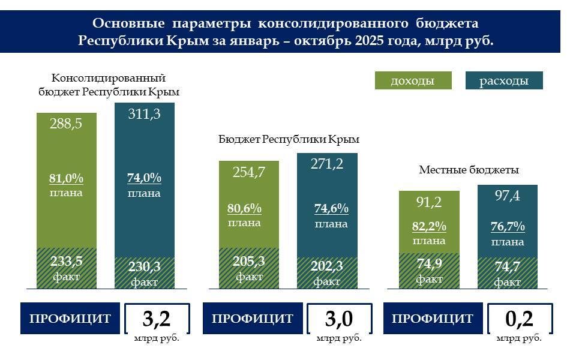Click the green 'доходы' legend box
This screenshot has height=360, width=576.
point(412,80)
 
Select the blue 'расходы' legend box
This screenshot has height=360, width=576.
point(504,80)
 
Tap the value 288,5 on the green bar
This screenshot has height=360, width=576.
point(67,124)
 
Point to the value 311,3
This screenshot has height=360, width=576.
point(144,114)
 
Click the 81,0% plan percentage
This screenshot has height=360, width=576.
point(66,179)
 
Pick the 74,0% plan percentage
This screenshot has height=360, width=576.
point(144,178)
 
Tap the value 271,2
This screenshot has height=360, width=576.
point(327,164)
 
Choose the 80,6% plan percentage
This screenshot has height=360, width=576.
point(244,209)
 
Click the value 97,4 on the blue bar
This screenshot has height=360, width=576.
point(507,196)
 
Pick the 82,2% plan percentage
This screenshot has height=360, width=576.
point(429,227)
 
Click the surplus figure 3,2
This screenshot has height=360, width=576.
point(157,319)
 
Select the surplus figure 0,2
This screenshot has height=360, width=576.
point(519,319)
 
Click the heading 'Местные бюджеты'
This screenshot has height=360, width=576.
point(469,170)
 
